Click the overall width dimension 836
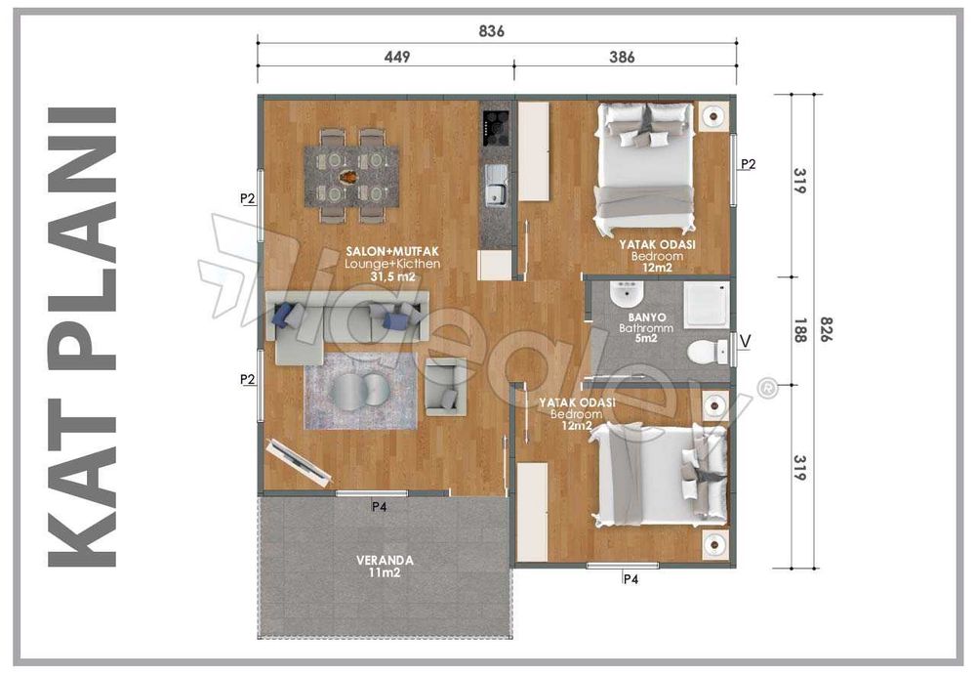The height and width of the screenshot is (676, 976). click(492, 31)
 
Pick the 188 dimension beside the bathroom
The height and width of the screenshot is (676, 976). click(799, 332)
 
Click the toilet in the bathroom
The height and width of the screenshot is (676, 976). click(703, 351)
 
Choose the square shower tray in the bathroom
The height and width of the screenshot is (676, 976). click(708, 303)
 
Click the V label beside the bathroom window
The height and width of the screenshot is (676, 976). click(747, 340)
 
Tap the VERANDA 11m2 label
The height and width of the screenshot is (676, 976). click(385, 567)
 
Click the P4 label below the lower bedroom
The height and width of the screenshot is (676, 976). click(630, 578)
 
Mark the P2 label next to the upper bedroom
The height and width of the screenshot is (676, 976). click(747, 164)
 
